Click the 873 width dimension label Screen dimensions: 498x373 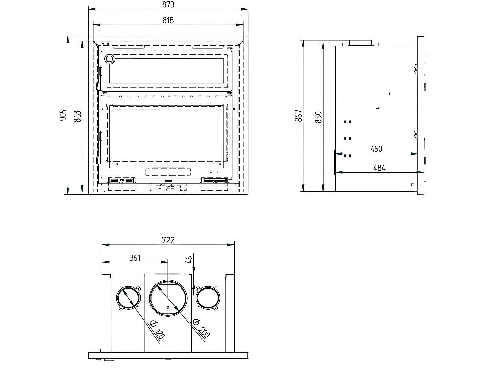(168, 4)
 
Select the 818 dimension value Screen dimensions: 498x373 (168, 20)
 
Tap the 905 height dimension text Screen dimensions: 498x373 (63, 115)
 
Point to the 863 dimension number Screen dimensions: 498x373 (77, 116)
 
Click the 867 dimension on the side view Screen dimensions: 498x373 (299, 115)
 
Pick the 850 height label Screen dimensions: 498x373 (318, 117)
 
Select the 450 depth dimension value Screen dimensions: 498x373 (376, 149)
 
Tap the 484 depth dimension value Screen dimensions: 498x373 (379, 168)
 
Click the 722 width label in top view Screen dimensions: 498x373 (168, 240)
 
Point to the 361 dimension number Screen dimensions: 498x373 (135, 258)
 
